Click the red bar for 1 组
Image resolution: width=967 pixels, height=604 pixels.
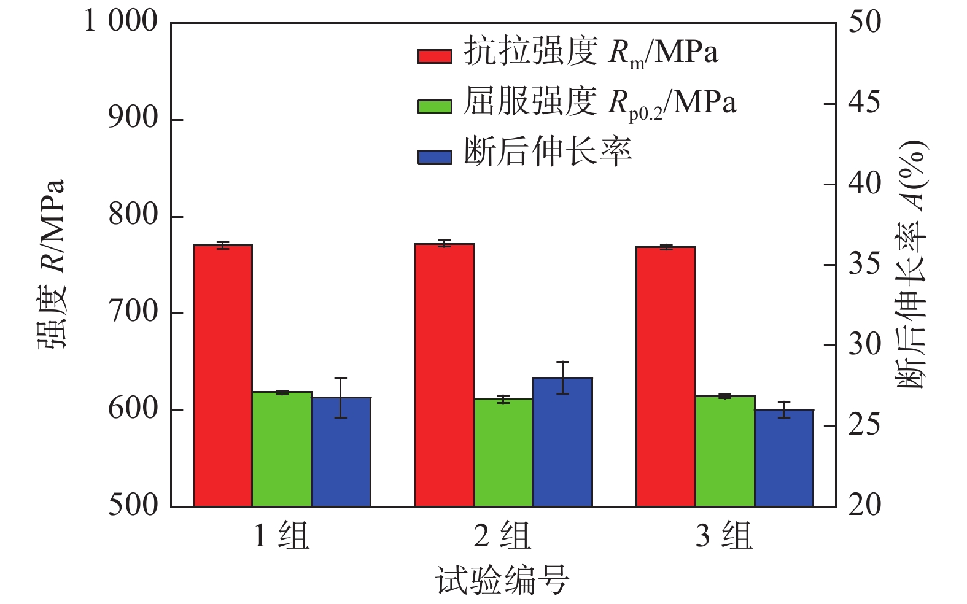tap(223, 376)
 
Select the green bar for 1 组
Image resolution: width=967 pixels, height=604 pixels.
tap(282, 449)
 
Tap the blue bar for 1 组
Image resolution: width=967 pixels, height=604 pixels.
tap(341, 452)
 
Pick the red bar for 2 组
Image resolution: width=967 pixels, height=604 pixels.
tap(444, 375)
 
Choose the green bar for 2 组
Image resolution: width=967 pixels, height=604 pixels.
tap(503, 452)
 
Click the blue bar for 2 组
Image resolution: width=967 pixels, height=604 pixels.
tap(562, 442)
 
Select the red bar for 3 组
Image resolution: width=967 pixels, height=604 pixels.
tap(666, 376)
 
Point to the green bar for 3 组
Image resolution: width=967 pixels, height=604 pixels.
tap(724, 451)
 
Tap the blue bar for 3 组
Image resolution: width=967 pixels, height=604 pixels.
tap(784, 458)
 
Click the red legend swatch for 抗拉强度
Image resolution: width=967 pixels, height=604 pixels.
tap(435, 56)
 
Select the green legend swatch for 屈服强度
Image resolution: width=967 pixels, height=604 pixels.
tap(435, 106)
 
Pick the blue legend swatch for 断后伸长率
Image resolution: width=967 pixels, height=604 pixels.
tap(435, 157)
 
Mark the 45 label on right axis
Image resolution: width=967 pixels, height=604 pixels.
tap(864, 103)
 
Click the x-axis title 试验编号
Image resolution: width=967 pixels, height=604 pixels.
tap(502, 580)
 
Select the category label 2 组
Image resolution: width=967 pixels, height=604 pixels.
tap(502, 536)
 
